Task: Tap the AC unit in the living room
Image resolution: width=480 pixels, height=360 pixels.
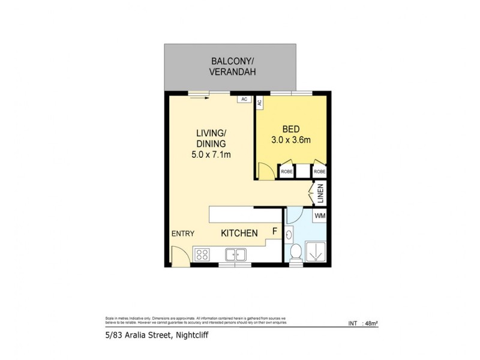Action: click(x=244, y=99)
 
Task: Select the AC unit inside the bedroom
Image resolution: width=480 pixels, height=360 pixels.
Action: click(x=260, y=102)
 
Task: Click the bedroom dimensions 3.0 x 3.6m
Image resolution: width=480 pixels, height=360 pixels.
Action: click(x=290, y=140)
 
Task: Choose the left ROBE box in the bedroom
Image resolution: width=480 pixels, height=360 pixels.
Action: click(x=287, y=171)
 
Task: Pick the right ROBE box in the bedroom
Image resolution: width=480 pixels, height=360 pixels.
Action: click(x=320, y=171)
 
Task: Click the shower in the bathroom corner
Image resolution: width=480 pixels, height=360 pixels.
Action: click(x=316, y=251)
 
